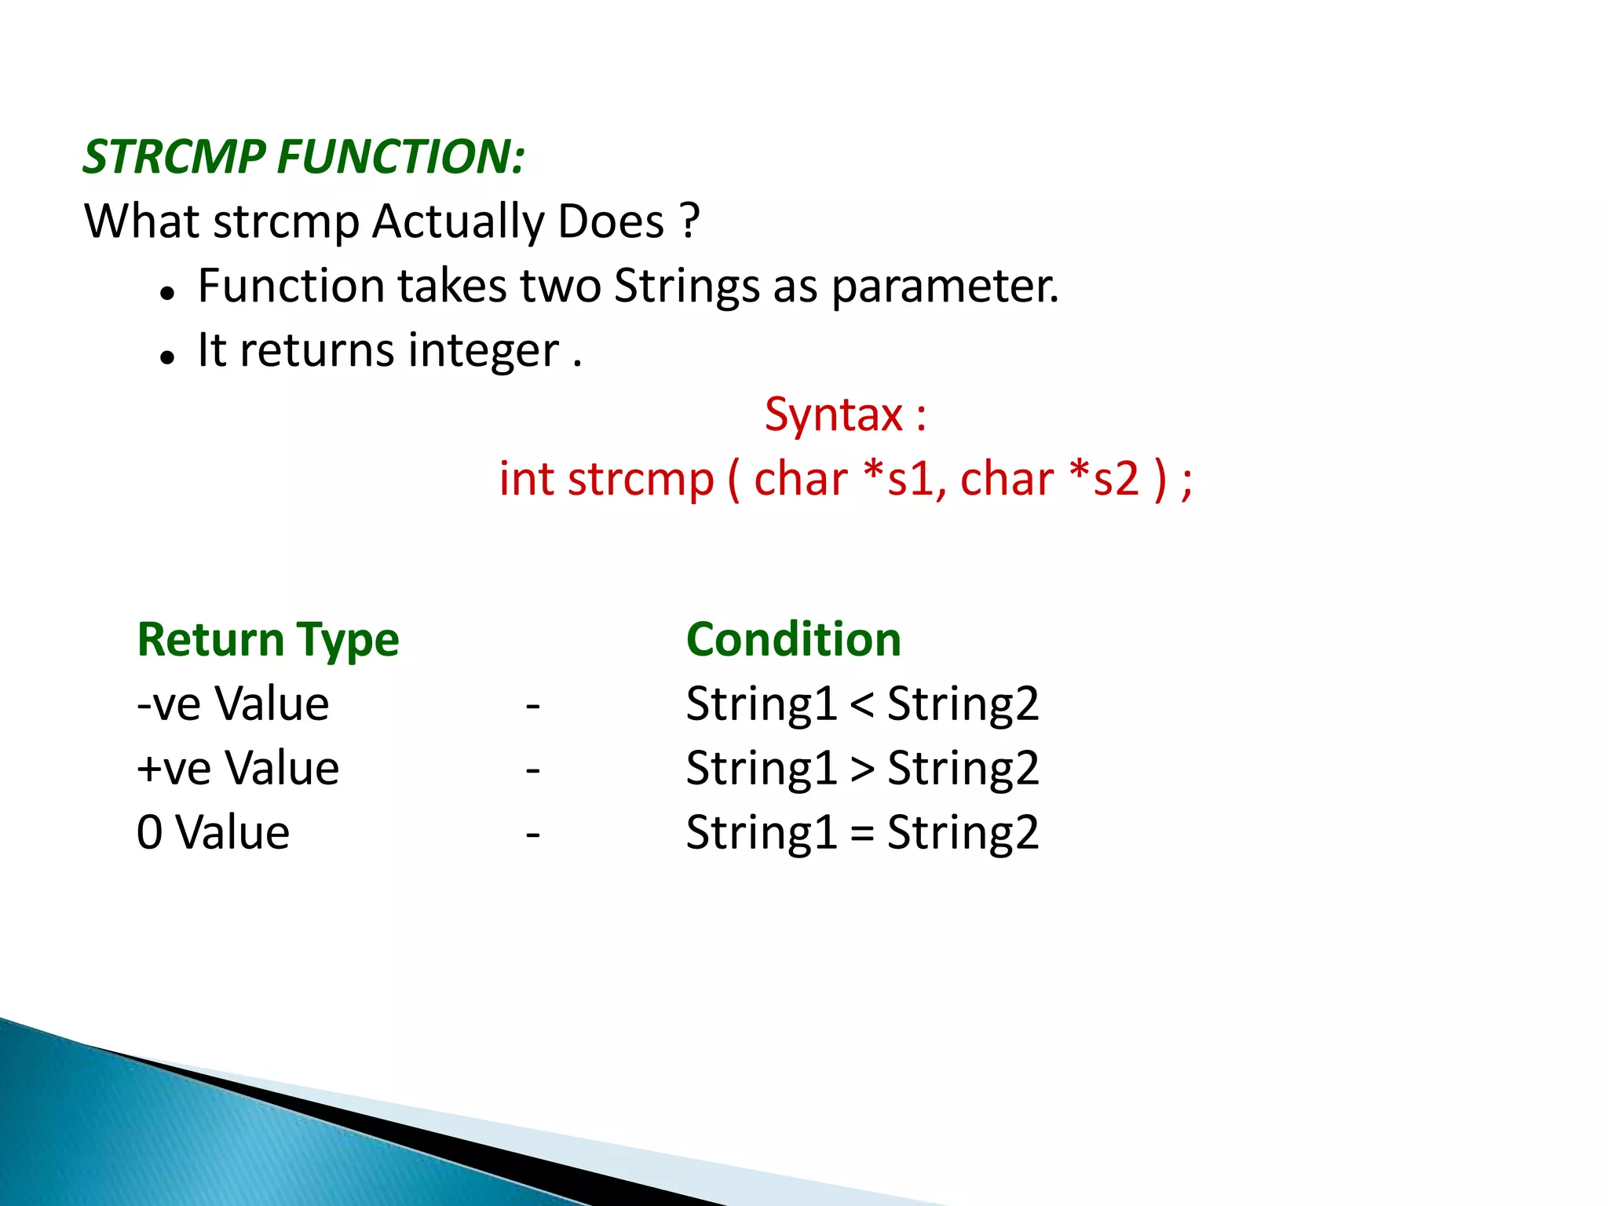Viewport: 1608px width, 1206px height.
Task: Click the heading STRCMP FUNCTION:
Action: [304, 156]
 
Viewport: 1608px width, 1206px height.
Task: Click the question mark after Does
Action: [690, 221]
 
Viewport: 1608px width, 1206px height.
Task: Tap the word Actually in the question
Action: [458, 222]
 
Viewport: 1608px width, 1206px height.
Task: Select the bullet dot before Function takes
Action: [166, 294]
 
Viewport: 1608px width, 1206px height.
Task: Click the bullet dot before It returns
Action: [166, 358]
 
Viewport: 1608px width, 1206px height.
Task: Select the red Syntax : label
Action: [846, 415]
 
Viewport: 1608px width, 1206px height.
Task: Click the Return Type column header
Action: [268, 640]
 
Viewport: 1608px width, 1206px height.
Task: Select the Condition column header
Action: [793, 639]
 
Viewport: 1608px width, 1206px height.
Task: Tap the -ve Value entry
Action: [232, 703]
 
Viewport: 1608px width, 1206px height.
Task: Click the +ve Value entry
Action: [237, 768]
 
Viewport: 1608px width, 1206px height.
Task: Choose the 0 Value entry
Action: [213, 832]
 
